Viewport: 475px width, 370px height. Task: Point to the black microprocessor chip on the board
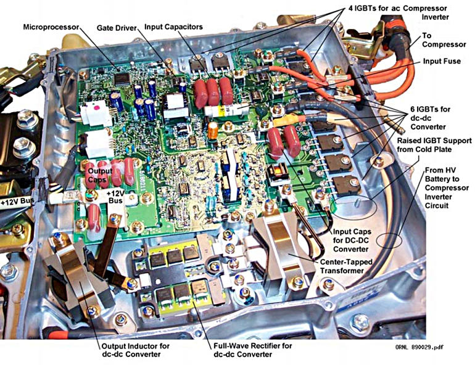[x=123, y=78]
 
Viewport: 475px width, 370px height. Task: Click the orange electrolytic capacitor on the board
[x=212, y=130]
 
